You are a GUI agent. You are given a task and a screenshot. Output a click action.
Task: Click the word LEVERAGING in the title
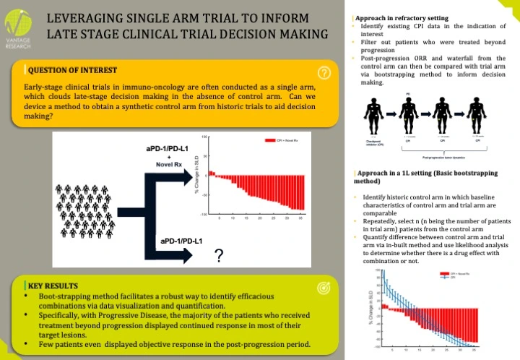click(89, 17)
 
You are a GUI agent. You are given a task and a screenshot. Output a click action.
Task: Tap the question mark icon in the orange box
click(324, 72)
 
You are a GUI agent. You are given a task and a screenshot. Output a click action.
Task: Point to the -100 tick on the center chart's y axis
click(204, 215)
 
